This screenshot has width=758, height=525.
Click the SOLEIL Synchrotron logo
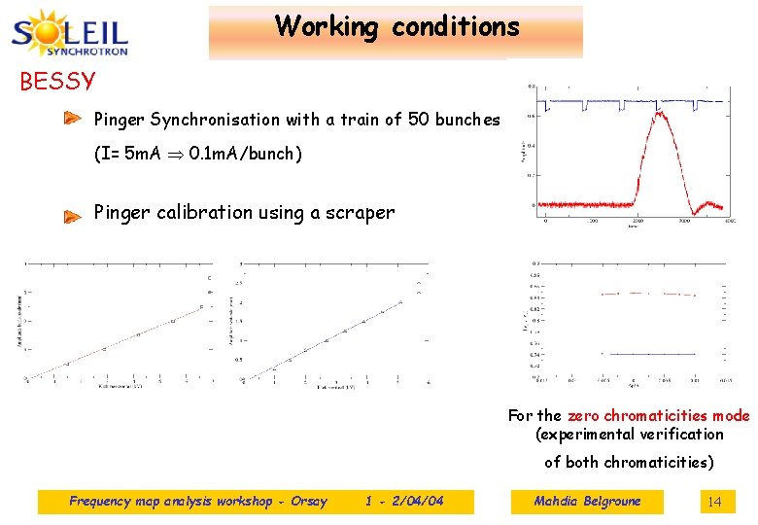point(70,33)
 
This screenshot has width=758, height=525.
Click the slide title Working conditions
point(396,27)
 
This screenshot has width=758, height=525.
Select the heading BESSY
point(58,81)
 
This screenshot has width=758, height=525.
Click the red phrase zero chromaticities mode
point(659,415)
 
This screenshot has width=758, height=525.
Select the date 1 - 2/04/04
point(404,502)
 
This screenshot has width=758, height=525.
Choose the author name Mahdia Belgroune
point(587,502)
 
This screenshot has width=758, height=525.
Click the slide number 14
point(714,502)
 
